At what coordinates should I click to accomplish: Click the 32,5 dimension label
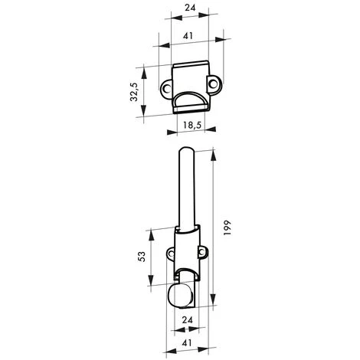point(134,92)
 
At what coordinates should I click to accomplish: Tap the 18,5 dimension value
point(192,125)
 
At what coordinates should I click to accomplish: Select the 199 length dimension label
point(227,227)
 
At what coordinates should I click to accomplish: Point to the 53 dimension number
point(142,257)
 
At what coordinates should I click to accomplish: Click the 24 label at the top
point(190,8)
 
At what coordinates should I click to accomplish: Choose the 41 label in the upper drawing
point(188,36)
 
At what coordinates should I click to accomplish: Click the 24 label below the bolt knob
point(187,320)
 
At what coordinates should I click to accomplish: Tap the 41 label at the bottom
point(187,342)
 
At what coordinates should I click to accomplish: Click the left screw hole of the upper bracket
point(167,89)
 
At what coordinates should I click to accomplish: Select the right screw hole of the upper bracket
point(213,83)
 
